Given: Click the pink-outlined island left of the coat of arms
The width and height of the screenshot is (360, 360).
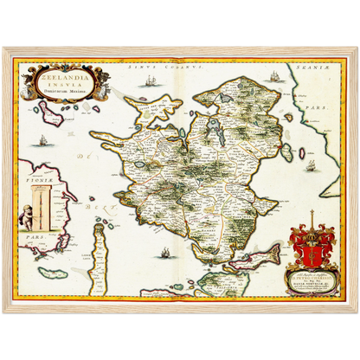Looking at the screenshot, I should point(260,255).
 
